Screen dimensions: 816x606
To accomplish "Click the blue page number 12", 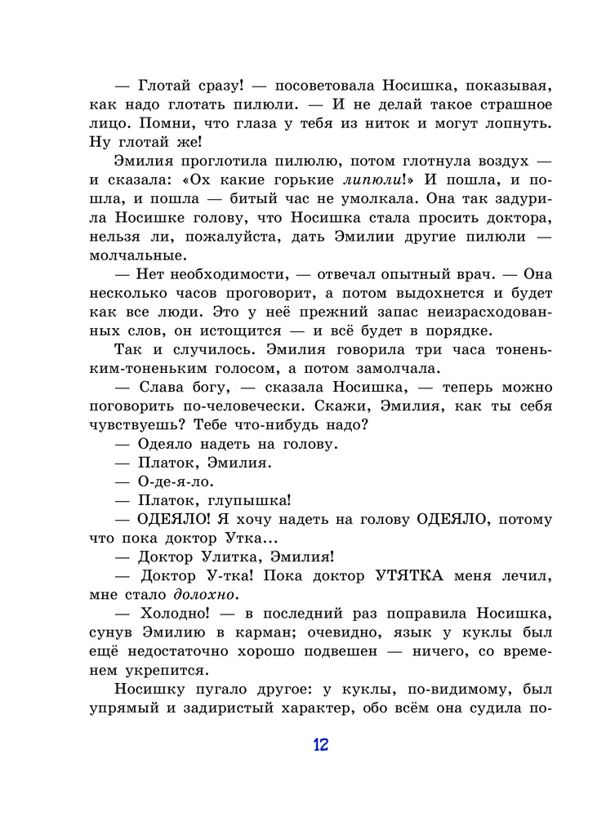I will (x=319, y=744).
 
